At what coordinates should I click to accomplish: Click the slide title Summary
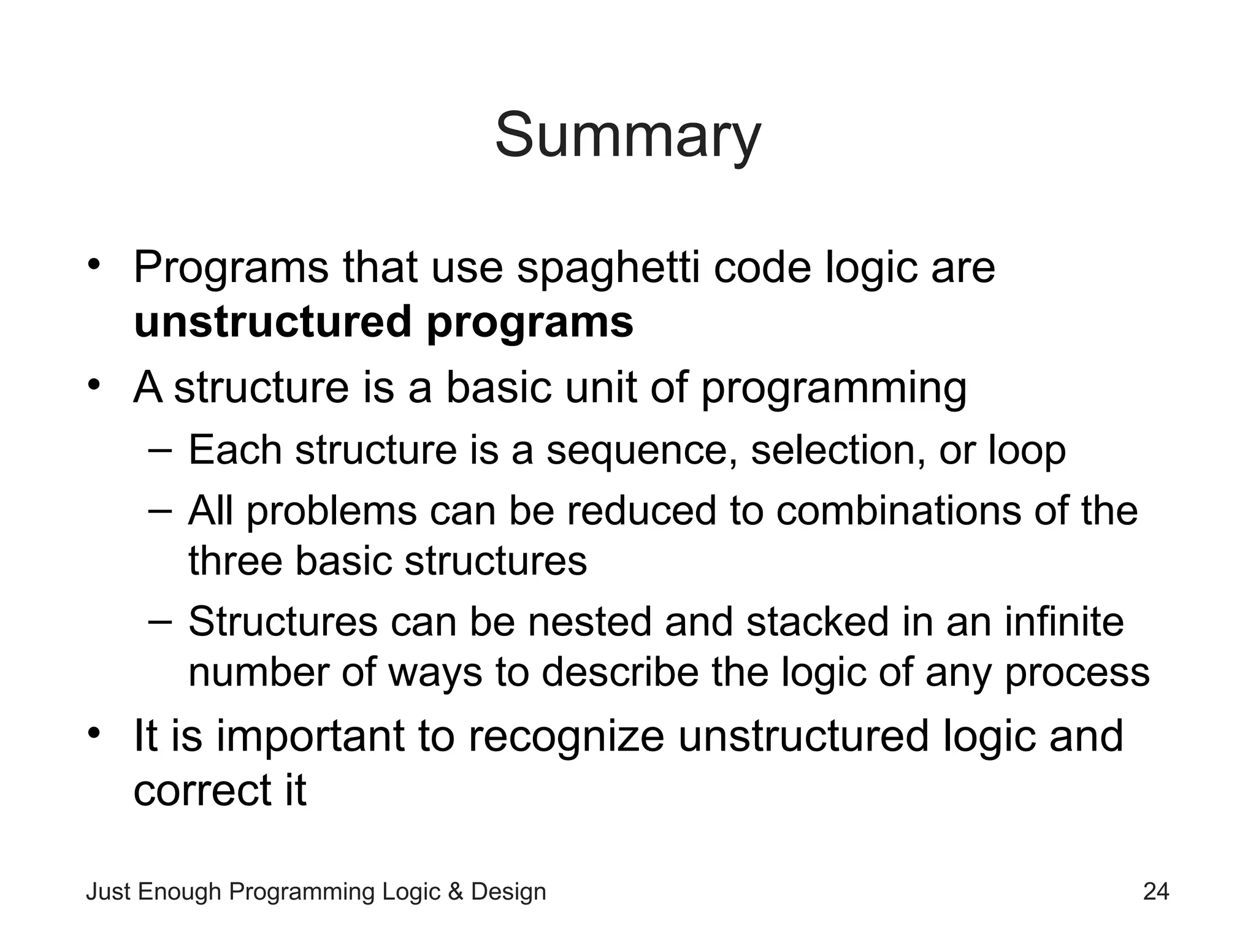click(x=627, y=136)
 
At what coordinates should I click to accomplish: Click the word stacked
click(x=818, y=622)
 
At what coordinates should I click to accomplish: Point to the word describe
click(x=620, y=672)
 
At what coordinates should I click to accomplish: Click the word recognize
click(x=566, y=737)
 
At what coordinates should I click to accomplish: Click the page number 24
click(x=1156, y=891)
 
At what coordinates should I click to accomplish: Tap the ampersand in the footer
click(x=456, y=892)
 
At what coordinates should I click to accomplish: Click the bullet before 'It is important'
click(x=93, y=733)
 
